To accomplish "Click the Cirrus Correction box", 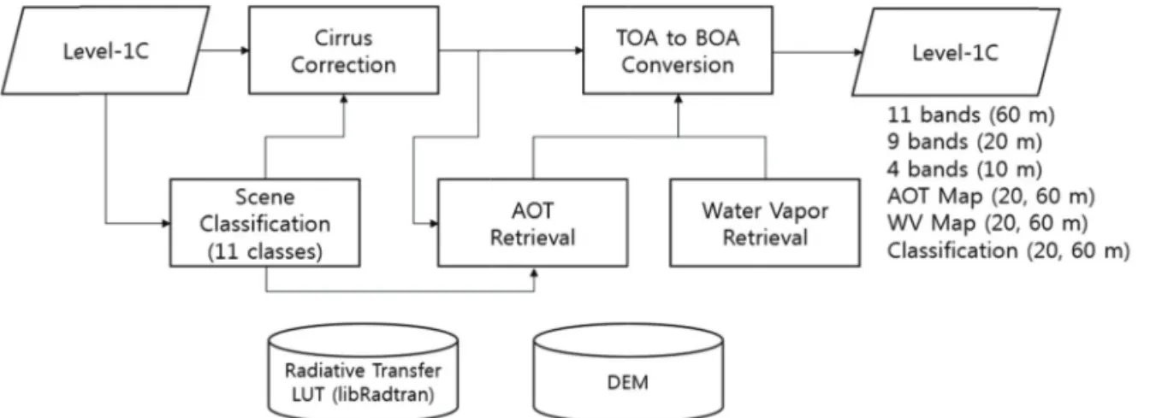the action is (x=344, y=50).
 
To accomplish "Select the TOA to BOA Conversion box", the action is (x=678, y=50).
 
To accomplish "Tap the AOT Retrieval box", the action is (x=532, y=222).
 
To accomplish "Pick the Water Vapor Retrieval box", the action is (x=765, y=222).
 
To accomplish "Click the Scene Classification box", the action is (x=264, y=222).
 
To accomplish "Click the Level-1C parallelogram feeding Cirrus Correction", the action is (x=106, y=50).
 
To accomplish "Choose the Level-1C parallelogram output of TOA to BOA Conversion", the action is (x=956, y=52).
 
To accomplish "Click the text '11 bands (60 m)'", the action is (x=970, y=115).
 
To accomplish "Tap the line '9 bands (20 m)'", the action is (x=964, y=142).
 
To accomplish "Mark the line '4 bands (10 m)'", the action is (x=964, y=169).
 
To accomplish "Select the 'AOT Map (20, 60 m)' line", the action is (x=991, y=196).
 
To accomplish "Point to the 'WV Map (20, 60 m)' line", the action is (x=987, y=223).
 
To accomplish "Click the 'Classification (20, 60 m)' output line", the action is (x=1009, y=250).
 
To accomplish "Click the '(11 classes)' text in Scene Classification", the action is (x=264, y=251).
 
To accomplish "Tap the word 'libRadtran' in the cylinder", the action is (x=383, y=395).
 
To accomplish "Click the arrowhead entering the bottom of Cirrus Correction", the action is (x=344, y=99).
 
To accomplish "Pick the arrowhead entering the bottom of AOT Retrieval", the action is (x=534, y=273).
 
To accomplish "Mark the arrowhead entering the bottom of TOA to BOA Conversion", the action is (x=679, y=99).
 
